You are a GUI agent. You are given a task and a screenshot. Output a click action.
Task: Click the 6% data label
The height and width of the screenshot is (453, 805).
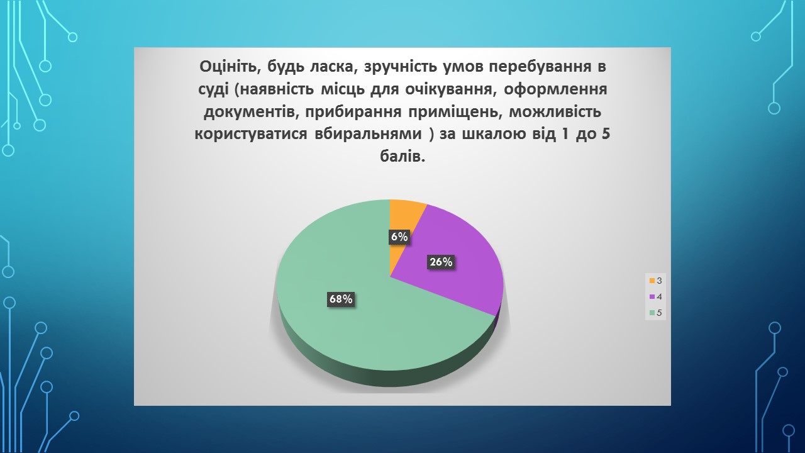click(x=399, y=237)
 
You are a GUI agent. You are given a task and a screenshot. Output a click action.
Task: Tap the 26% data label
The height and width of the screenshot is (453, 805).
click(x=441, y=262)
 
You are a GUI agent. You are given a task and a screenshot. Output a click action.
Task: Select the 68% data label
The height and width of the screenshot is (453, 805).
click(x=341, y=299)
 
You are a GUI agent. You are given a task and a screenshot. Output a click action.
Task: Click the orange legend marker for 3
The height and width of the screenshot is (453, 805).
click(x=652, y=281)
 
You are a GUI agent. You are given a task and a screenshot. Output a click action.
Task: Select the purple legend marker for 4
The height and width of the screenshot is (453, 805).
click(x=652, y=297)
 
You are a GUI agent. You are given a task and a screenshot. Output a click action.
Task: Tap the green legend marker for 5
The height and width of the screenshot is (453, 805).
click(x=652, y=313)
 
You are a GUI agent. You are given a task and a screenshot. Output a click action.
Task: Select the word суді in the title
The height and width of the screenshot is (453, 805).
click(x=213, y=89)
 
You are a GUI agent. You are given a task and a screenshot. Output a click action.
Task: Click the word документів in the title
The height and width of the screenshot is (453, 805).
click(x=250, y=112)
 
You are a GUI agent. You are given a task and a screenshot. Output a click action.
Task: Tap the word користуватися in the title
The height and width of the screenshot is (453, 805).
click(x=251, y=134)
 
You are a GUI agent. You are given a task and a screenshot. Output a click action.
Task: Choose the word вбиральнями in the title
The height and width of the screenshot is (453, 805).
click(x=368, y=134)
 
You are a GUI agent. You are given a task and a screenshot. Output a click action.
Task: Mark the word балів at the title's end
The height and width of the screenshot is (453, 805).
click(x=402, y=157)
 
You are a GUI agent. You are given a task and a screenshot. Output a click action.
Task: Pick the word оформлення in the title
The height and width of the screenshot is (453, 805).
click(x=555, y=89)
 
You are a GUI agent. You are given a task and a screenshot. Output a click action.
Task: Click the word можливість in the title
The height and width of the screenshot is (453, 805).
click(x=555, y=112)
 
